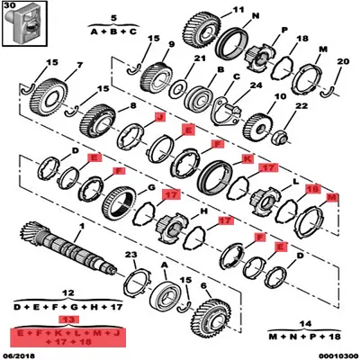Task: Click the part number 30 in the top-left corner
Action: pos(11,5)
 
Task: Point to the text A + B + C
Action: pos(114,30)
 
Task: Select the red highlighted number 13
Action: pos(64,319)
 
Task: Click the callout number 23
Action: pos(131,255)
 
